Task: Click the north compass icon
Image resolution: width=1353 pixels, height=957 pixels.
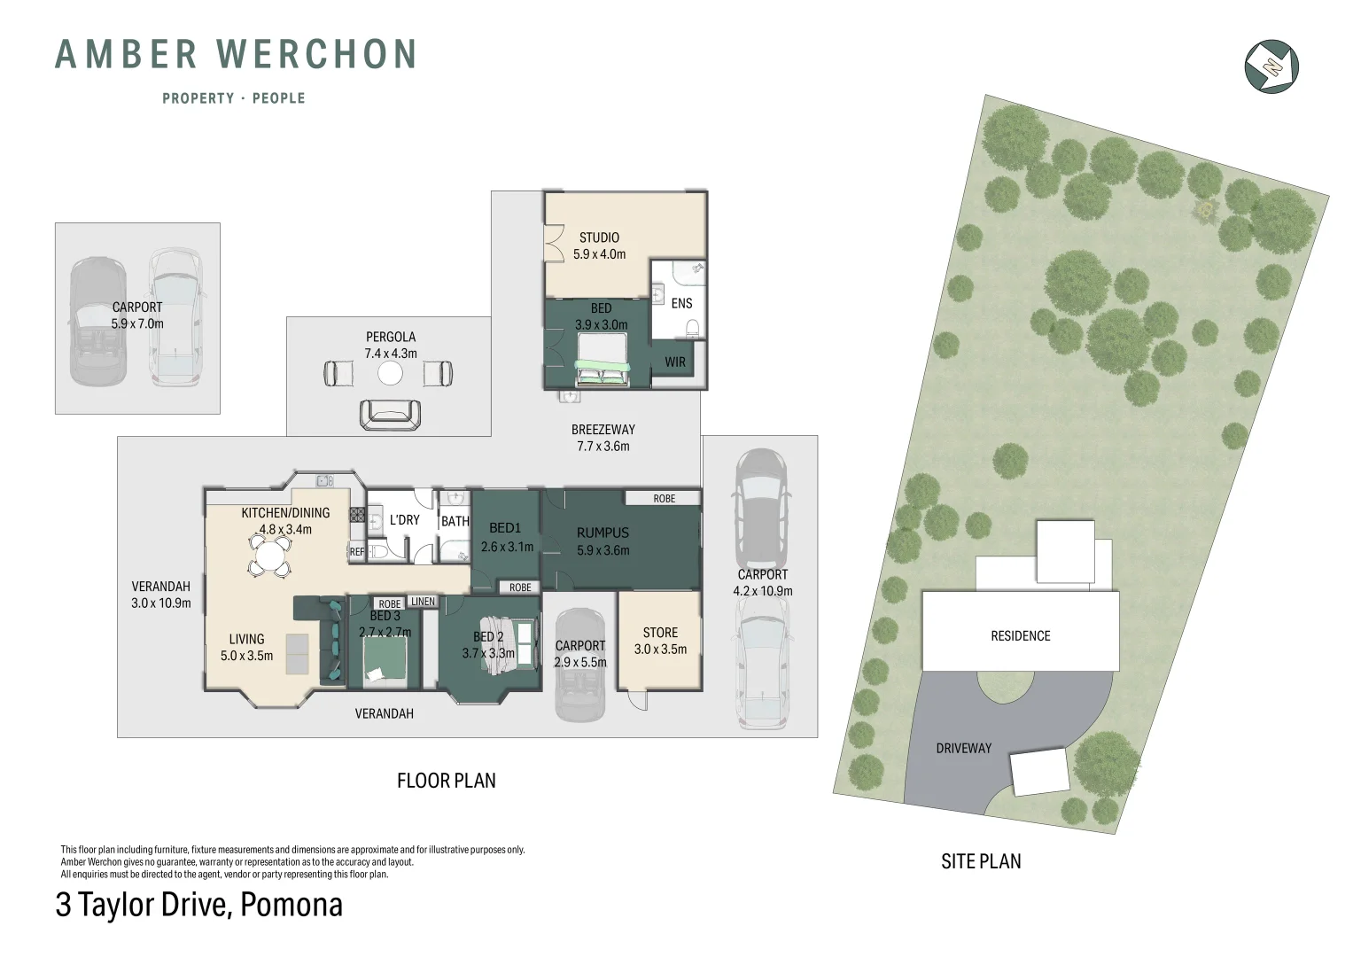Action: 1271,66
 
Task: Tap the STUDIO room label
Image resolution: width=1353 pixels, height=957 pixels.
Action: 599,237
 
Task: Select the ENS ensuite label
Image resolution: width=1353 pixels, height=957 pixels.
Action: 681,303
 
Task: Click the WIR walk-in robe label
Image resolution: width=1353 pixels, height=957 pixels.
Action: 675,362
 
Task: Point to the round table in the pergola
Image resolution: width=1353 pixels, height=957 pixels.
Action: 390,374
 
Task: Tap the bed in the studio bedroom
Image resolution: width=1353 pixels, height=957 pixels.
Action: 603,372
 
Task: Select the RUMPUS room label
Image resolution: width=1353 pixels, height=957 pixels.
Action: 603,533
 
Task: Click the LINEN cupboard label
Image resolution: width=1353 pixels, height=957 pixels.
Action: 423,602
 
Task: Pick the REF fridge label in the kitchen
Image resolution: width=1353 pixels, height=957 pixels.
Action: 356,552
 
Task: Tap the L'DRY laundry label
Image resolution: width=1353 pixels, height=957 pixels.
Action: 404,520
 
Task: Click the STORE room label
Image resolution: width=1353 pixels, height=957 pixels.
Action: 660,633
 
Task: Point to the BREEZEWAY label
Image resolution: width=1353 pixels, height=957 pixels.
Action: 603,430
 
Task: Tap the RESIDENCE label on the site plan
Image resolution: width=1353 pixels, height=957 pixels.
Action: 1020,636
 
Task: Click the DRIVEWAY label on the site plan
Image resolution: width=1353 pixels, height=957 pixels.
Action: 963,749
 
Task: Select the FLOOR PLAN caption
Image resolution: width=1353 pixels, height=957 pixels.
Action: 446,781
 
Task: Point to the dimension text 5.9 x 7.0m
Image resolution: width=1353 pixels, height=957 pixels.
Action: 137,324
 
